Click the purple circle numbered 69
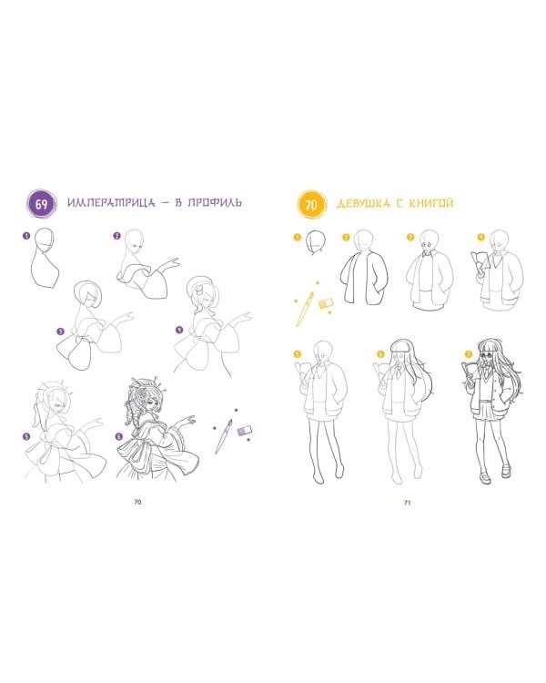tap(41, 204)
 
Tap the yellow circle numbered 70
tap(311, 204)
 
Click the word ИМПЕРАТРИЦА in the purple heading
tap(111, 203)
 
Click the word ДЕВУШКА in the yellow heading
tap(364, 203)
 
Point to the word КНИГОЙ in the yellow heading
tap(431, 203)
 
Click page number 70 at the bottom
tap(137, 502)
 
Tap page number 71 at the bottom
tap(407, 502)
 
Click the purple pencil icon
tap(224, 436)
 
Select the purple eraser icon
tap(245, 432)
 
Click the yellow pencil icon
tap(305, 309)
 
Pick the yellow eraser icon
tap(326, 303)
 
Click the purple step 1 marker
tap(26, 236)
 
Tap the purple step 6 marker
tap(119, 436)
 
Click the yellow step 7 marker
tap(469, 353)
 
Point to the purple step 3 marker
tap(61, 331)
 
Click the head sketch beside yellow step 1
tap(317, 242)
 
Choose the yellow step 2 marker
tap(346, 238)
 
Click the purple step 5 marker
tap(27, 436)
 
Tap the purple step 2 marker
tap(116, 236)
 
